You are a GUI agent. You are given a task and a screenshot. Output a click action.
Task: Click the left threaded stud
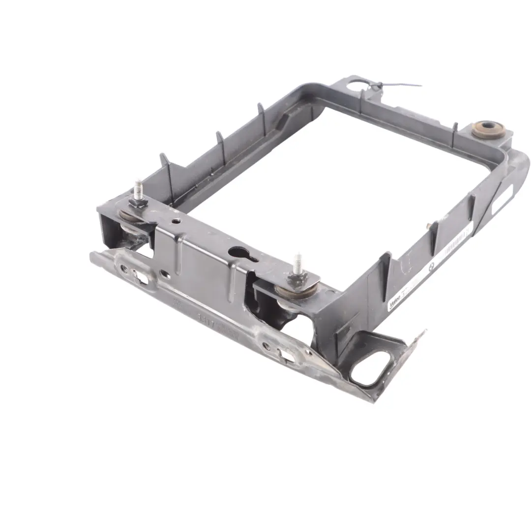(139, 189)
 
